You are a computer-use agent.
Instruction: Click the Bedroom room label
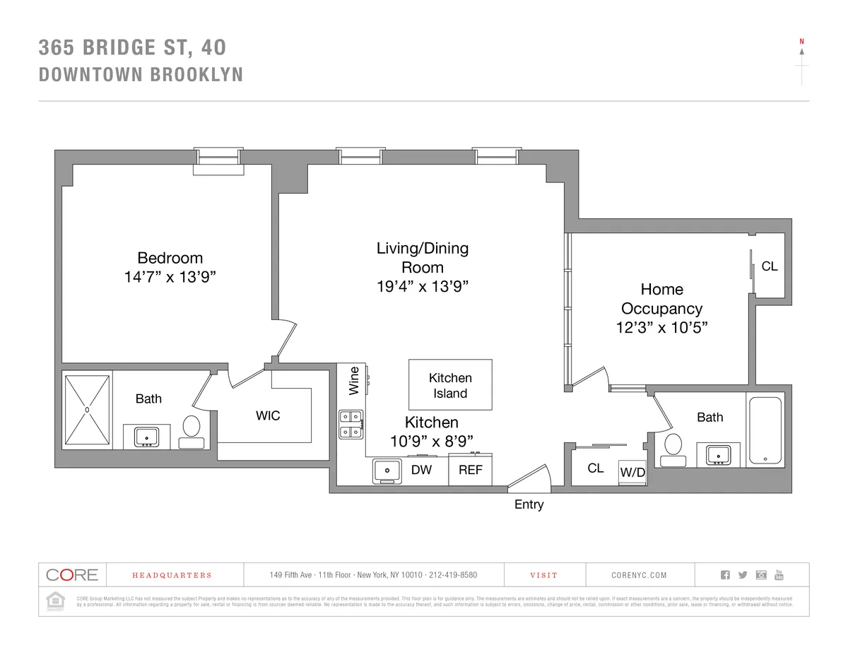[170, 258]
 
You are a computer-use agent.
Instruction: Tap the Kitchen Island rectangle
[450, 385]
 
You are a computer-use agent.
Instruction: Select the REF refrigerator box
[470, 470]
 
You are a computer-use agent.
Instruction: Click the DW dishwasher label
[421, 470]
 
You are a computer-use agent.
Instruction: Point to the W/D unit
[632, 473]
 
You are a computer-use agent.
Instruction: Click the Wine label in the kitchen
[354, 380]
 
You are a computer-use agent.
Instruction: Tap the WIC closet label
[268, 415]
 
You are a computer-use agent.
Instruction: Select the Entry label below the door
[529, 504]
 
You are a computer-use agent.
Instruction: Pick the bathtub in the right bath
[765, 430]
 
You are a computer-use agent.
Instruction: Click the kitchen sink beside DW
[387, 471]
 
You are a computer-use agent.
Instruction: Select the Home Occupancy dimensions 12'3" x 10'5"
[661, 328]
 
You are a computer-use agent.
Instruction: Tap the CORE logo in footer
[72, 574]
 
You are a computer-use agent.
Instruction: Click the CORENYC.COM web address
[639, 575]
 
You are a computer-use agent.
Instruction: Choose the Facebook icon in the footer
[725, 574]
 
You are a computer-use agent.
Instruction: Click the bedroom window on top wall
[219, 160]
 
